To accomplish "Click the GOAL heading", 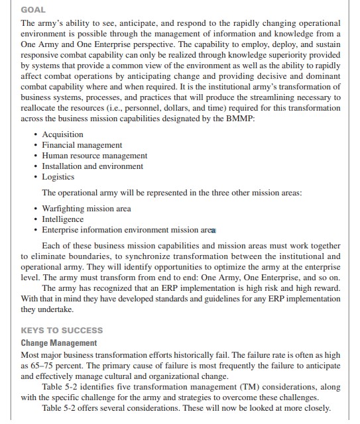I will (x=33, y=10).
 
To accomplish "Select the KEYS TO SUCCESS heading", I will (x=62, y=330).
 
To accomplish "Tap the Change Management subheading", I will (x=59, y=343).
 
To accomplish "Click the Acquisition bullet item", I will (x=62, y=134).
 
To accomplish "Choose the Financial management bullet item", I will (x=82, y=145).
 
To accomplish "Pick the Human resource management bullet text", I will (x=95, y=156).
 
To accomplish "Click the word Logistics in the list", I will (x=58, y=177).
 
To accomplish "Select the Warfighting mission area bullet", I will (x=86, y=209).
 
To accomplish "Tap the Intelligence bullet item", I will (x=63, y=219).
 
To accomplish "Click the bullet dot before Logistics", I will (x=36, y=177).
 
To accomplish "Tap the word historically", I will (x=190, y=355).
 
